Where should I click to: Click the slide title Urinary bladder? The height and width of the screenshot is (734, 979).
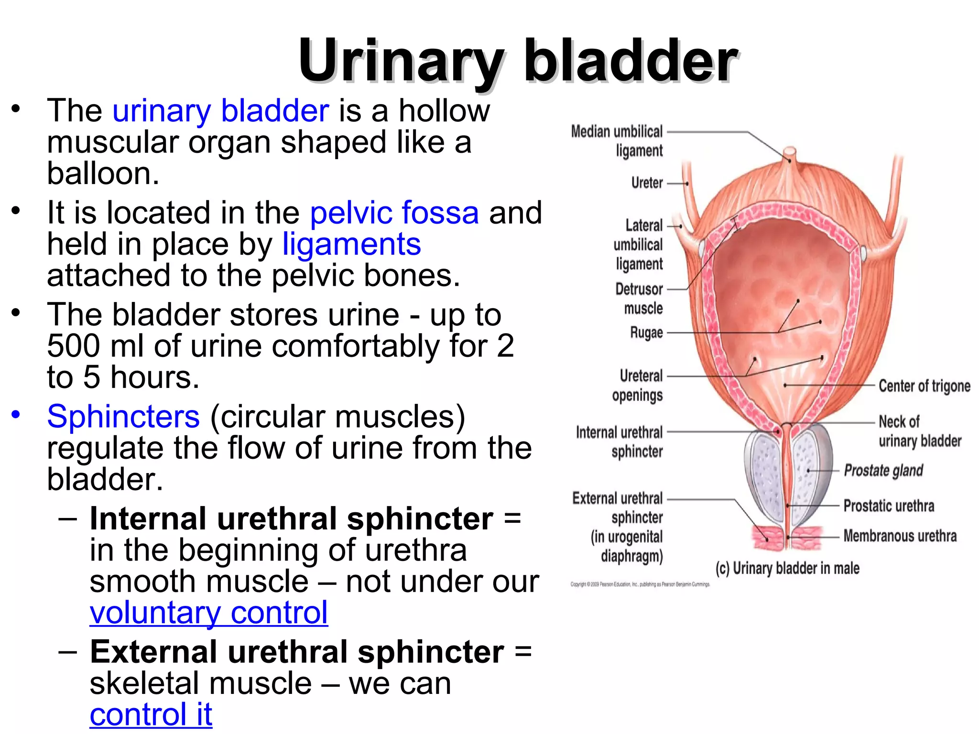518,61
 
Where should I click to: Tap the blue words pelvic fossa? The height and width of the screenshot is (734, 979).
394,213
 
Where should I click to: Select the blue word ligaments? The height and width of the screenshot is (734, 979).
351,244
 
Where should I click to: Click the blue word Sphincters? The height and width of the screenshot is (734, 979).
123,416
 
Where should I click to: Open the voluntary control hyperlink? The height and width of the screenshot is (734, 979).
208,613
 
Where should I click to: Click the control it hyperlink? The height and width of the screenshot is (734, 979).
151,715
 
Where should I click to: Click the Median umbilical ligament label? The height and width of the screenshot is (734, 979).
617,140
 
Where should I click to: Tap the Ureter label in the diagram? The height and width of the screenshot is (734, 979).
647,183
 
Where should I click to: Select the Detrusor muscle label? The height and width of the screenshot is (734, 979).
639,299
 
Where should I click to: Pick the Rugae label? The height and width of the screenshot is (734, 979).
646,333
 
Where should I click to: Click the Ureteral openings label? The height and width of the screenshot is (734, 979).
638,386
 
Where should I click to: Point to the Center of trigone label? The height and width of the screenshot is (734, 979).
925,386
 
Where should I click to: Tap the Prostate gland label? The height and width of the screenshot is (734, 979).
883,471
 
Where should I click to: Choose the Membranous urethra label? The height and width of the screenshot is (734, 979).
900,536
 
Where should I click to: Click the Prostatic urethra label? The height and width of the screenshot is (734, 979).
889,506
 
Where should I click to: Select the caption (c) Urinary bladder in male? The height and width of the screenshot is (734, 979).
787,568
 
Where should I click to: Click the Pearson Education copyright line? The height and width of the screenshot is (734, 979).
640,584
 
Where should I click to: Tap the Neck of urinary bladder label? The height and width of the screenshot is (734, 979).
919,431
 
